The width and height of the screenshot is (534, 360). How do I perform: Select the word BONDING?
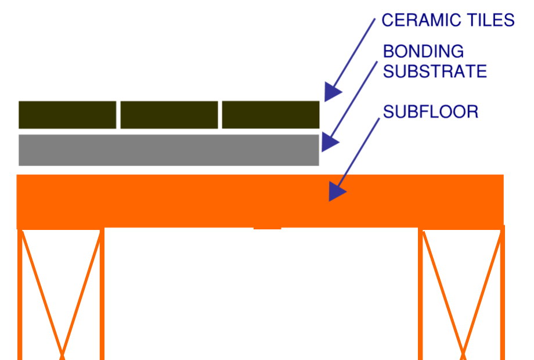(423, 51)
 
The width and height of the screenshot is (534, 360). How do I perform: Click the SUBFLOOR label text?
(431, 111)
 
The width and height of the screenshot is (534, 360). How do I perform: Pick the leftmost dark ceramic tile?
(67, 114)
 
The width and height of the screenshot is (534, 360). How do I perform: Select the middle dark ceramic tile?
(169, 114)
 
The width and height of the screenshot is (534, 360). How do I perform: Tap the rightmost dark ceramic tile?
(270, 114)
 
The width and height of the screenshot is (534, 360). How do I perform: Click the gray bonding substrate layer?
(168, 150)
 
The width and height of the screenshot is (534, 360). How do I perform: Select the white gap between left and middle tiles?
(118, 114)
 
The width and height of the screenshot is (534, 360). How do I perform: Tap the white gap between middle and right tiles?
(220, 114)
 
